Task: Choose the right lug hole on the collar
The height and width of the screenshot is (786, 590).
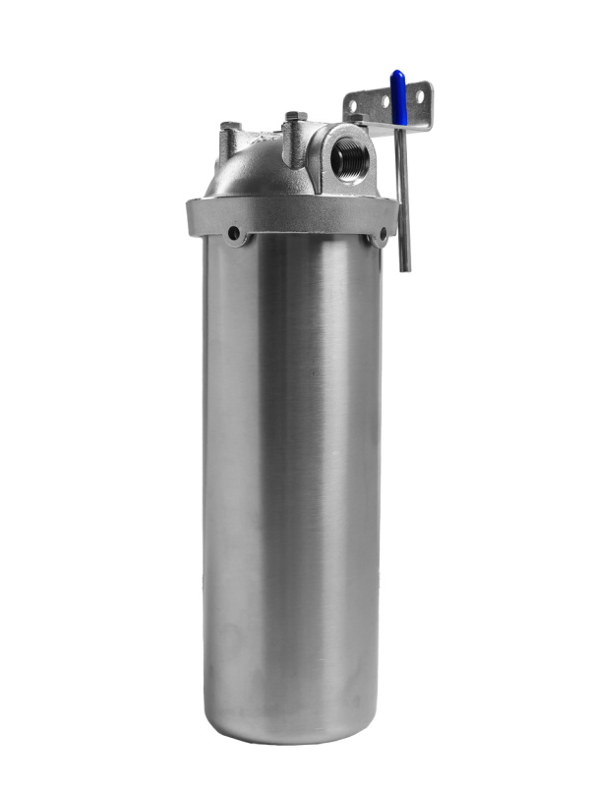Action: [x=380, y=236]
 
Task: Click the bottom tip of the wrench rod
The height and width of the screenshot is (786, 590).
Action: [x=404, y=267]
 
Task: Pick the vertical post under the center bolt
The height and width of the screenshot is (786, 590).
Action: [x=292, y=147]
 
